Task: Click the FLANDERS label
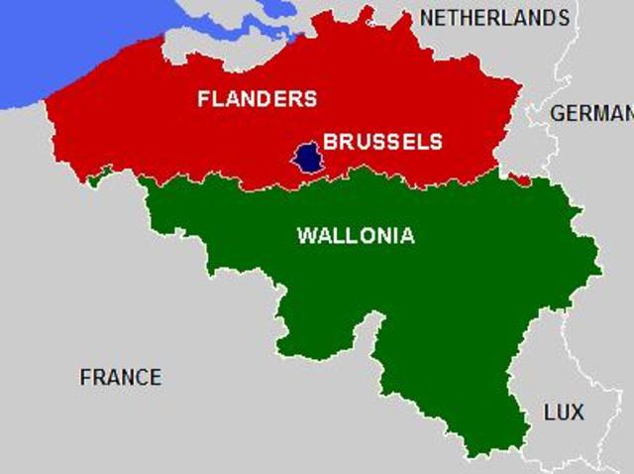point(257,99)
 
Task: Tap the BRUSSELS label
point(382,142)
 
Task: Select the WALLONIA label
point(356,236)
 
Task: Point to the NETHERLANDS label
point(494,18)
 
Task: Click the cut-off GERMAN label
point(591,113)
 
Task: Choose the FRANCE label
point(120,377)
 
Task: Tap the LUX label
point(564,412)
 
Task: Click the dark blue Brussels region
point(308,157)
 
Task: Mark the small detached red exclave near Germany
point(518,179)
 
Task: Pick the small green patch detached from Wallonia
point(96,179)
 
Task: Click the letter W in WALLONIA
point(306,236)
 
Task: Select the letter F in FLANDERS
point(203,99)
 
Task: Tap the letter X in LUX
point(577,412)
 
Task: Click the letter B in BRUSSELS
point(330,142)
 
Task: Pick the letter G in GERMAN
point(559,113)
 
